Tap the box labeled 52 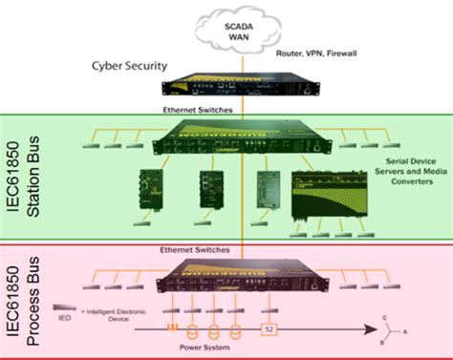coord(270,331)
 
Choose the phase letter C coord(384,316)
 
